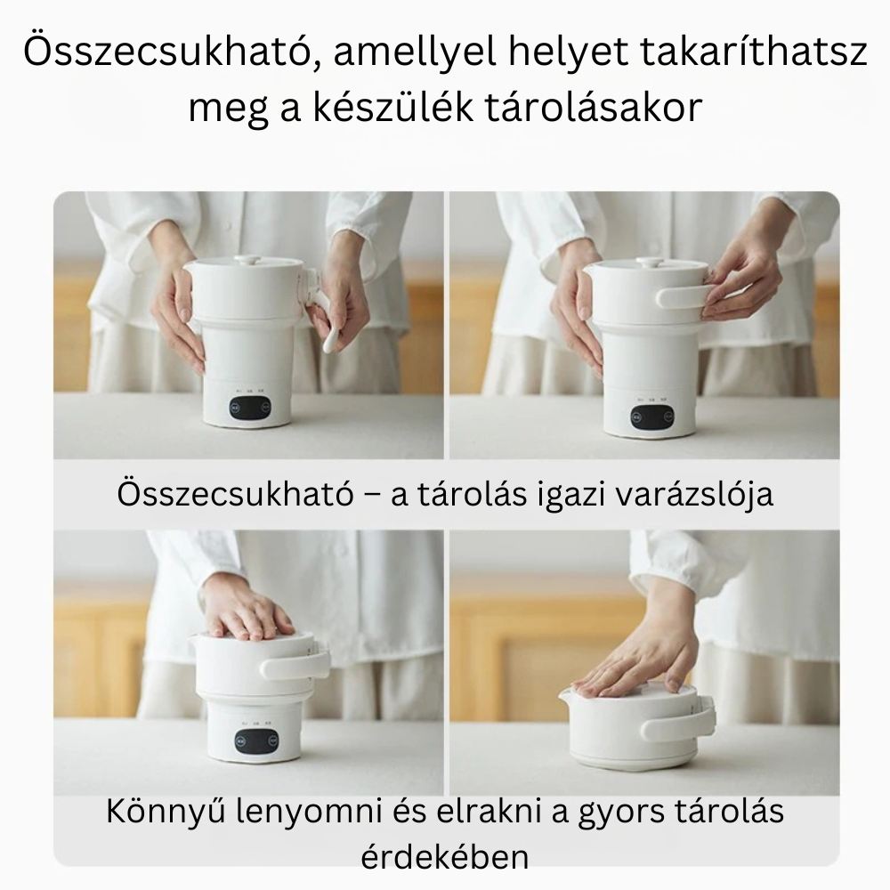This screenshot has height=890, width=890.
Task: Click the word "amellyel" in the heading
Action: click(416, 53)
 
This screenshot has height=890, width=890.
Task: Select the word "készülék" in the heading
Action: click(392, 108)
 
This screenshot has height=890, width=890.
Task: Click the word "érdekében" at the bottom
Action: click(445, 857)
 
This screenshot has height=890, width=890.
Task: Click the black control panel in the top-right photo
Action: click(651, 417)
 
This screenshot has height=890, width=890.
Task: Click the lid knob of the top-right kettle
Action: click(648, 262)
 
